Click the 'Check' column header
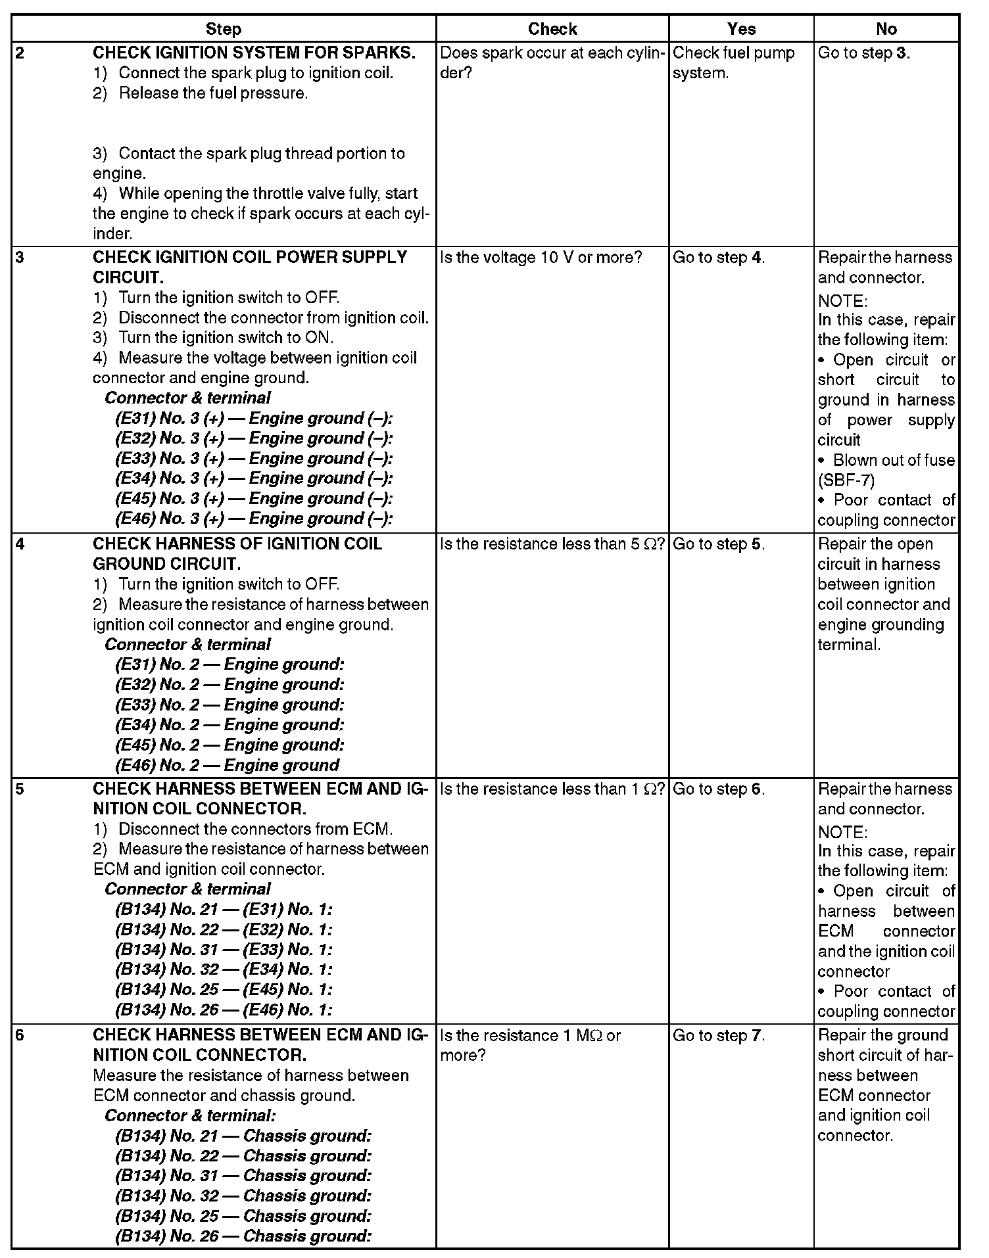pos(552,29)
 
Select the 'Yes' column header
pos(741,29)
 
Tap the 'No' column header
pos(886,29)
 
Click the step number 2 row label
pos(20,53)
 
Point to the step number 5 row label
pos(20,789)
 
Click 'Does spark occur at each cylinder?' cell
pos(552,63)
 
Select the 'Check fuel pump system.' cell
pos(733,63)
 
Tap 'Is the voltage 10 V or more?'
pos(541,258)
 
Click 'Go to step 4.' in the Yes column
pos(718,258)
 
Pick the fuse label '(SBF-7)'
pos(846,480)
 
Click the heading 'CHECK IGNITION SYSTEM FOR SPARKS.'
pos(254,53)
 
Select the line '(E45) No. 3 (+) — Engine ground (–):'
pos(254,499)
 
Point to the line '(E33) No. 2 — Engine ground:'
pos(229,705)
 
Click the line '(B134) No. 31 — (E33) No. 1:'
pos(224,950)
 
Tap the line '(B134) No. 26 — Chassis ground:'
pos(243,1236)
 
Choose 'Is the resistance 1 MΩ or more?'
pos(530,1046)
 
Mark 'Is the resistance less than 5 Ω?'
pos(552,545)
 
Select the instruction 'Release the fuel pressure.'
pos(213,93)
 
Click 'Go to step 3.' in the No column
pos(863,53)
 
